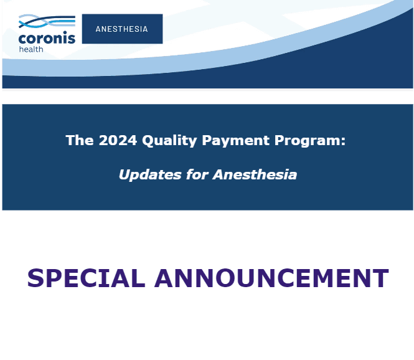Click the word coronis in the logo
tap(47, 39)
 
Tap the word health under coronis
tap(31, 49)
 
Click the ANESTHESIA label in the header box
tap(122, 29)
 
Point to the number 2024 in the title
tap(116, 140)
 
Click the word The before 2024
tap(79, 140)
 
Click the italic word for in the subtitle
tap(197, 174)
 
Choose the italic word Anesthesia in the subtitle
tap(255, 174)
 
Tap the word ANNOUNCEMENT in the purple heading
tap(271, 278)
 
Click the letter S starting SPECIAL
tap(35, 278)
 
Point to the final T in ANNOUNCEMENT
tap(380, 278)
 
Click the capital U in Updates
tap(124, 175)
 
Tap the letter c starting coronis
tap(22, 39)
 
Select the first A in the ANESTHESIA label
tap(98, 29)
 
